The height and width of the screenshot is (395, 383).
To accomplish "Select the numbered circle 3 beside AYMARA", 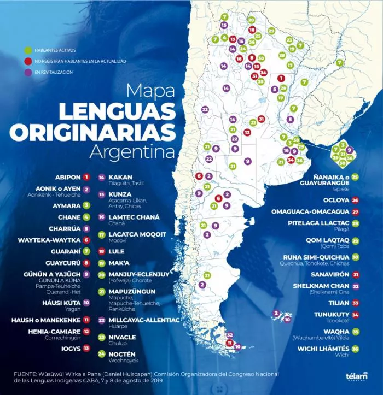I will pyautogui.click(x=86, y=206).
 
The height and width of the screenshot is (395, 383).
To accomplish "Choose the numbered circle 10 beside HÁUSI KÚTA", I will pyautogui.click(x=86, y=302).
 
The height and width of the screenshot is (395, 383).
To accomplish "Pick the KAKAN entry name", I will pyautogui.click(x=120, y=177).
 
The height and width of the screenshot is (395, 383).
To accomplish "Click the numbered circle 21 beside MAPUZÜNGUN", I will pyautogui.click(x=101, y=292).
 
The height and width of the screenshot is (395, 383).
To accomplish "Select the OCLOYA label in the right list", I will pyautogui.click(x=335, y=200).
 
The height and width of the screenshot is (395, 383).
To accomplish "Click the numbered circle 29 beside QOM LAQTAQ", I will pyautogui.click(x=355, y=241).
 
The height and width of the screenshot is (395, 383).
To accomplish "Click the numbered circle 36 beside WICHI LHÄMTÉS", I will pyautogui.click(x=355, y=349).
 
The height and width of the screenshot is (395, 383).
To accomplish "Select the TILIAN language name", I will pyautogui.click(x=338, y=302).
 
